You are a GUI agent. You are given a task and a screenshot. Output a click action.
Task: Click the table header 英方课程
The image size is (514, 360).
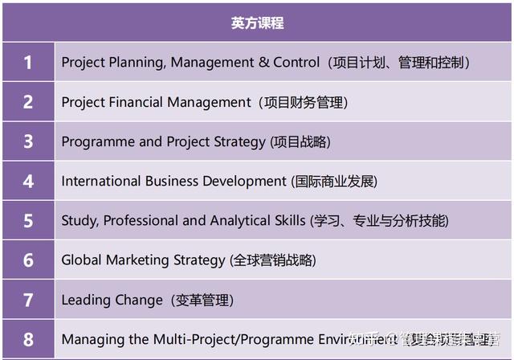pos(257,22)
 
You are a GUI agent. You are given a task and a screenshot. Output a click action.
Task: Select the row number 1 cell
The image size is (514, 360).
pos(28,63)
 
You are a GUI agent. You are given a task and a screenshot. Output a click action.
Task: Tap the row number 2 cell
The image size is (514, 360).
pos(28,102)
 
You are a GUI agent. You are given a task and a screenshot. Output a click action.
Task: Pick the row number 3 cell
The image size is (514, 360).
pos(28,141)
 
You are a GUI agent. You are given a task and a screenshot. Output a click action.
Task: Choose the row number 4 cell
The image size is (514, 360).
pos(28,181)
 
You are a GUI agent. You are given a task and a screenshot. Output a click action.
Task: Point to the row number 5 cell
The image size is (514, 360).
pos(28,220)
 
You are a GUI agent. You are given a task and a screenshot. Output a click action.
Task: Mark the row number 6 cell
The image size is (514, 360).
pos(28,260)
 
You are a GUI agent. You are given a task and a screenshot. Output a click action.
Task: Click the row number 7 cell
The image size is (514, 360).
pos(28,300)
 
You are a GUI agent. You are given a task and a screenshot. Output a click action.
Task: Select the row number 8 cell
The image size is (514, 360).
pos(28,339)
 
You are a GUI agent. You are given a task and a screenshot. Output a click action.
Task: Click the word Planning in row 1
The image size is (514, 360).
pos(136,63)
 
